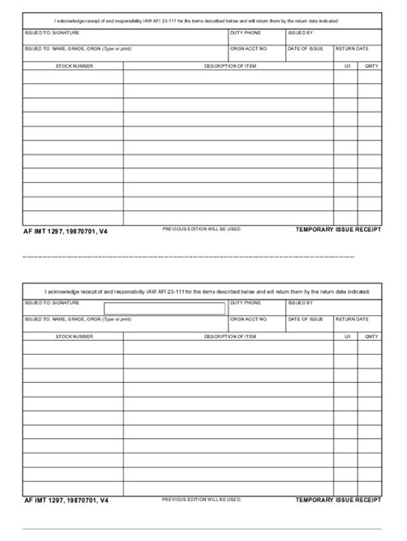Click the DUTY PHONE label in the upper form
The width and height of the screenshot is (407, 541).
coord(245,33)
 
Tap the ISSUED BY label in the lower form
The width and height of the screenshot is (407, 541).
coord(301,302)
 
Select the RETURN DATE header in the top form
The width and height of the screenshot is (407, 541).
coord(352,49)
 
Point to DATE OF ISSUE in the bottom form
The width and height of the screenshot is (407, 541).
coord(305,319)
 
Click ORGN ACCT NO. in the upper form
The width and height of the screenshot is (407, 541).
coord(249,49)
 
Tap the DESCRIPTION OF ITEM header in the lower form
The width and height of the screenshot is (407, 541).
coord(229,336)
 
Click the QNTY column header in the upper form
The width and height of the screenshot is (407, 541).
coord(371,65)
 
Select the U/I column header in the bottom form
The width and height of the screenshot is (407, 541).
coord(348,336)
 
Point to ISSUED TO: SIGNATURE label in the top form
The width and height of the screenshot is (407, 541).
coord(52,33)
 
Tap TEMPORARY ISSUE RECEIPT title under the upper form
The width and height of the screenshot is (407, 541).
coord(337,231)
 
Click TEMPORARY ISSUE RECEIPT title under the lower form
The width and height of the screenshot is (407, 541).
coord(337,500)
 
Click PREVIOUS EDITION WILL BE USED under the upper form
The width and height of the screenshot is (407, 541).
coord(202,229)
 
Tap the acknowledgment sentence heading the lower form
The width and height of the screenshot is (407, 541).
coord(203,291)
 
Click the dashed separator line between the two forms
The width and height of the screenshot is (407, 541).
coord(203,256)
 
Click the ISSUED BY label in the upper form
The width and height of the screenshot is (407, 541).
coord(301,33)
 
